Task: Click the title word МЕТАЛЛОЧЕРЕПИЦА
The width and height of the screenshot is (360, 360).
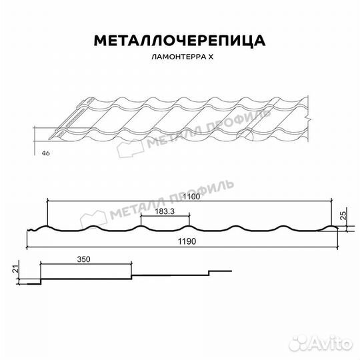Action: click(x=180, y=41)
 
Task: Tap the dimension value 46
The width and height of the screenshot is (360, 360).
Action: click(x=45, y=153)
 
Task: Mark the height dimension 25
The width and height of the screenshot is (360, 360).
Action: click(x=343, y=215)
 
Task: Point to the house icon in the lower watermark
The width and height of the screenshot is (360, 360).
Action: click(x=94, y=219)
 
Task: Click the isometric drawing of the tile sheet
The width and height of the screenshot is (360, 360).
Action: click(x=180, y=120)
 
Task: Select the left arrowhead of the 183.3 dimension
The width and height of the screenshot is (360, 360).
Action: click(x=142, y=215)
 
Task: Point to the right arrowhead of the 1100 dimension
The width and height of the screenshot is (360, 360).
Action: click(x=333, y=201)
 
